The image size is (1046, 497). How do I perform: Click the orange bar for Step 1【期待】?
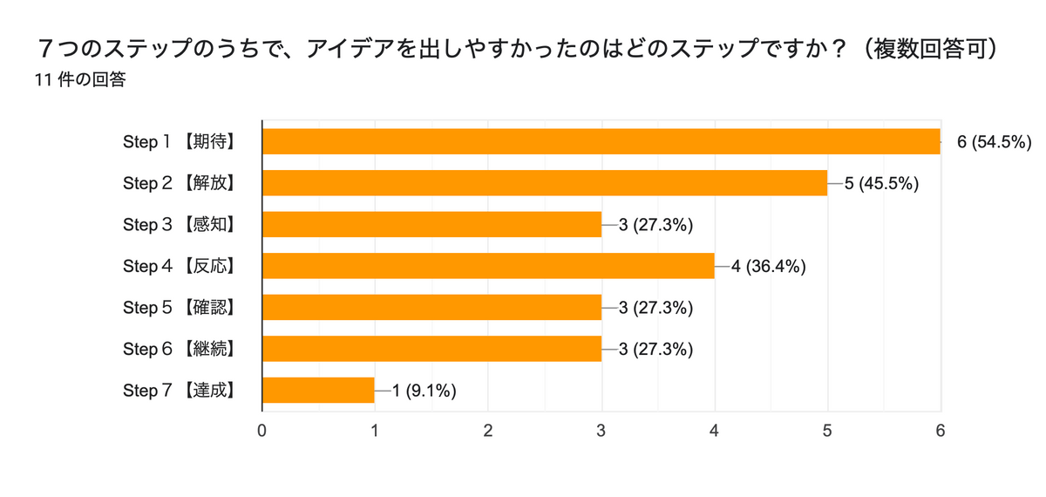601,141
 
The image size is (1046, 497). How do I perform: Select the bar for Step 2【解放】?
545,183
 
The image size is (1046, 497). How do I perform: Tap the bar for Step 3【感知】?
431,224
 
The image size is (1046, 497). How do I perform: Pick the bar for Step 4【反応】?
488,266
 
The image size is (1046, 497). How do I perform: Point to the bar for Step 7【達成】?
318,390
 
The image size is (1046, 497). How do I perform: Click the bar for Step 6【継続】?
431,349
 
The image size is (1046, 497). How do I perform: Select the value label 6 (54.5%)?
995,142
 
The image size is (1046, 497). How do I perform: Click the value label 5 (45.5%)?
881,183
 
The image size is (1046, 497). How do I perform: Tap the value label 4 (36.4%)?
768,266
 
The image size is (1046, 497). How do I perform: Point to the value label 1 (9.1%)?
425,391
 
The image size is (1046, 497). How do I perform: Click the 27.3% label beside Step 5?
655,308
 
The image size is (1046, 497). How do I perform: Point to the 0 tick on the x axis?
262,431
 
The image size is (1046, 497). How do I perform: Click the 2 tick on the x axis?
488,431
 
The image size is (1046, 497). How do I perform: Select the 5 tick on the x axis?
827,431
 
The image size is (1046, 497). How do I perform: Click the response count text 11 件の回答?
80,80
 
